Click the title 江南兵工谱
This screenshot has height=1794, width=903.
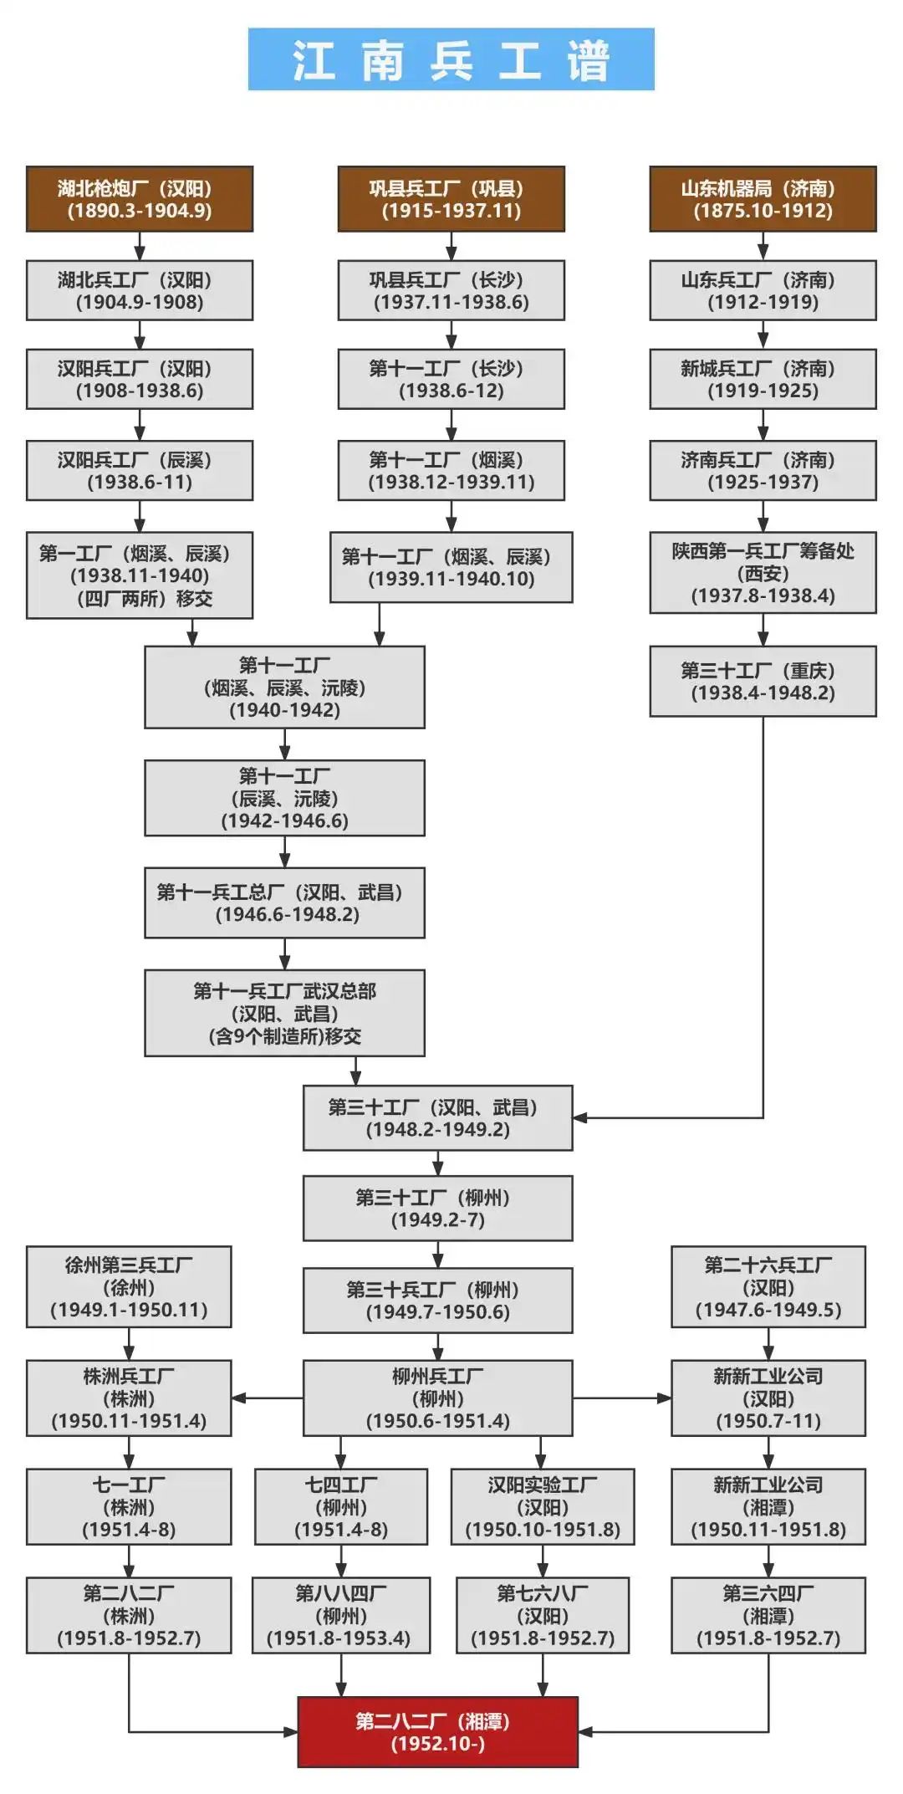click(x=451, y=59)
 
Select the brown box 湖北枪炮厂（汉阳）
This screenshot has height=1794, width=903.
click(x=140, y=199)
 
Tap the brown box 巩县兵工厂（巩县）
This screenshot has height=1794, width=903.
click(x=451, y=199)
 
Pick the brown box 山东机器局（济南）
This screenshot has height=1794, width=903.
click(x=763, y=199)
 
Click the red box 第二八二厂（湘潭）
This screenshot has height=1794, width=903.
click(x=437, y=1731)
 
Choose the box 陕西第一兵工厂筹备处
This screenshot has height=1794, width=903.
click(x=763, y=573)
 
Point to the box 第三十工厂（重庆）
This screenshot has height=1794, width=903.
click(x=763, y=681)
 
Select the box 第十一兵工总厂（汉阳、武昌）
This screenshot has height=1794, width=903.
click(x=284, y=902)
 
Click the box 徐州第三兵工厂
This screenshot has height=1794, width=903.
click(x=129, y=1286)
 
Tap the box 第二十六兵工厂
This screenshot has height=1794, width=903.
click(x=768, y=1286)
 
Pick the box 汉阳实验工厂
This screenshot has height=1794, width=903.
click(x=543, y=1506)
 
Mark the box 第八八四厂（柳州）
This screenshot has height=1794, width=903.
click(x=340, y=1615)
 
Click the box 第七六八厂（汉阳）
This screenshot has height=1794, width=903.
click(x=543, y=1615)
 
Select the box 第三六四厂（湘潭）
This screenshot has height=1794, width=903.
click(x=768, y=1615)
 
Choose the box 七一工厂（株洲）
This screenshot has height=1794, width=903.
click(x=129, y=1506)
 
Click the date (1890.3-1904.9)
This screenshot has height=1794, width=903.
click(x=140, y=211)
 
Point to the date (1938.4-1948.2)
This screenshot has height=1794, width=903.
click(x=763, y=693)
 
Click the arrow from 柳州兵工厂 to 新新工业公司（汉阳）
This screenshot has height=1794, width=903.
click(x=622, y=1398)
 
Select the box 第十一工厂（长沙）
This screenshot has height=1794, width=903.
click(x=451, y=379)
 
